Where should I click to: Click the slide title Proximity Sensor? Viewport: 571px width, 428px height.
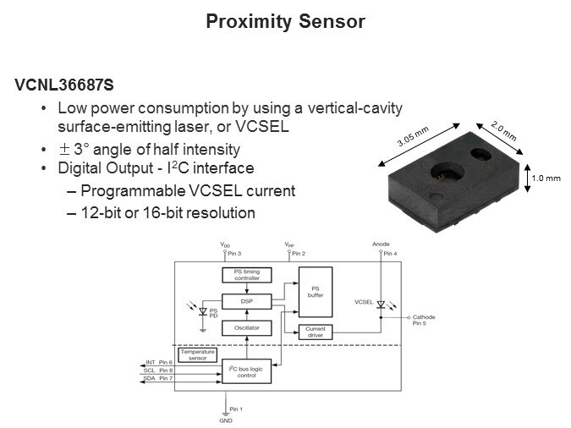285,22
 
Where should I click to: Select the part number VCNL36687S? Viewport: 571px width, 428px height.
64,85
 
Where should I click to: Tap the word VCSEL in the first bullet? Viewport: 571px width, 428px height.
262,126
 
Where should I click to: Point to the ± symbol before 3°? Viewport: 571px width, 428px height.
64,149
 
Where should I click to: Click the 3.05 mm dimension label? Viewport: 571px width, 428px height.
413,136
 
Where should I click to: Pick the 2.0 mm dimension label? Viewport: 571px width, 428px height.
503,130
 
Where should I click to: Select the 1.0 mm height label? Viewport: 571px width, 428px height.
546,178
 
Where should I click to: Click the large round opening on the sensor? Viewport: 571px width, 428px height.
447,172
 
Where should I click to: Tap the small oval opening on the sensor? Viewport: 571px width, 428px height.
480,153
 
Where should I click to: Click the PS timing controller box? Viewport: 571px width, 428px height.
247,275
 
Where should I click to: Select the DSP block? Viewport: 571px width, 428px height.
247,302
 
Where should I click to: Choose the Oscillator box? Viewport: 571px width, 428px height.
247,328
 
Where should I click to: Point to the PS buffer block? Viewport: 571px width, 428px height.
316,292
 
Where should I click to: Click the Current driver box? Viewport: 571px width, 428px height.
316,332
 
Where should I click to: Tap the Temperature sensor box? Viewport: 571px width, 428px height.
198,354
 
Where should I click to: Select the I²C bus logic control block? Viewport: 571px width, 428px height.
246,371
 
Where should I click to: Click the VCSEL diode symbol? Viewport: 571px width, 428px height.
381,305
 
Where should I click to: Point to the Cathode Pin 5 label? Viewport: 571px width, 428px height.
424,321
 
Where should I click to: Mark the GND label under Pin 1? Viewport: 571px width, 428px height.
226,420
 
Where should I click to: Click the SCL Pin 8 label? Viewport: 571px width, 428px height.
158,370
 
